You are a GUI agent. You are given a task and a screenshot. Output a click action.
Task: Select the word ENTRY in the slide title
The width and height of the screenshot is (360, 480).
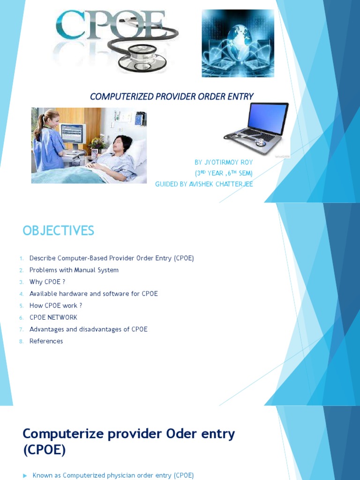238,97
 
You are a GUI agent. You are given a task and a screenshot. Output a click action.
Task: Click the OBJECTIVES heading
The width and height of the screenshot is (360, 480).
58,231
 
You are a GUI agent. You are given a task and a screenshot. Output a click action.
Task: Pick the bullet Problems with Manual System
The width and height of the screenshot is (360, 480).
74,270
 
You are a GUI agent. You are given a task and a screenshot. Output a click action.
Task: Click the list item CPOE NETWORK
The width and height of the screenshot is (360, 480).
53,317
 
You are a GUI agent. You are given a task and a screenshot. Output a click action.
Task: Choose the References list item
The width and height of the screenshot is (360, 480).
46,341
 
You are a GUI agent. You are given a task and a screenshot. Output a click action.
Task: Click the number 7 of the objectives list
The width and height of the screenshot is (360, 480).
21,330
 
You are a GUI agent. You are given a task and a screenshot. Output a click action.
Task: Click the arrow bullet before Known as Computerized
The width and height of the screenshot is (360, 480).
25,476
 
